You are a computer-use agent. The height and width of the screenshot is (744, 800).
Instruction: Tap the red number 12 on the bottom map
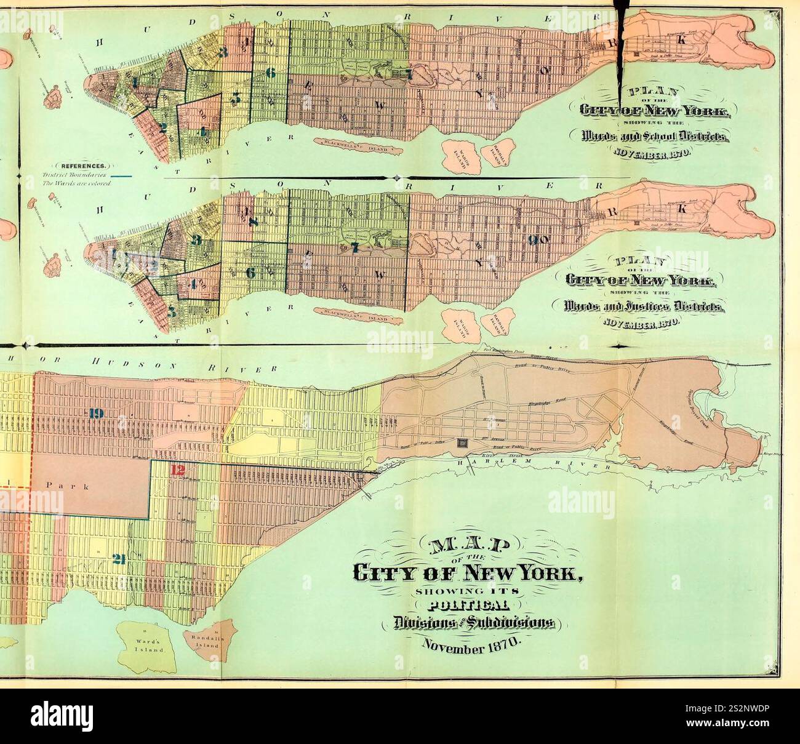tap(178, 471)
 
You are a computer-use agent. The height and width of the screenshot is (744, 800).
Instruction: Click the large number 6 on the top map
tap(270, 73)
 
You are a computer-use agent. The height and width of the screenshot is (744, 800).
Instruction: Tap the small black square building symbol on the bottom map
tap(462, 444)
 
